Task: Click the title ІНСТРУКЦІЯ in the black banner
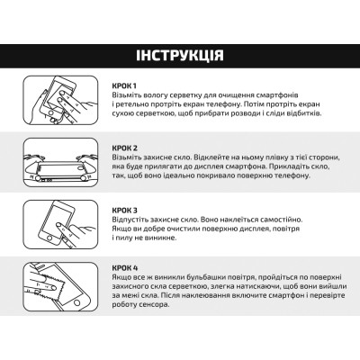(180, 57)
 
